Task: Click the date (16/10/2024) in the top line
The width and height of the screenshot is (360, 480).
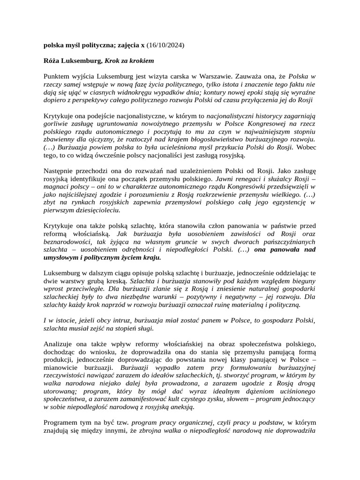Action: (x=165, y=45)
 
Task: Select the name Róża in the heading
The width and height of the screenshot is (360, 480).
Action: (x=52, y=61)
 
